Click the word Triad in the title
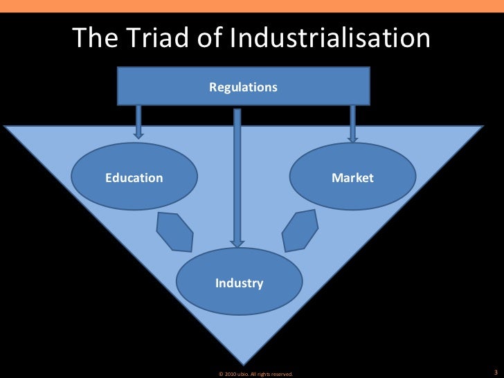click(147, 38)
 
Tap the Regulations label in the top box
click(243, 88)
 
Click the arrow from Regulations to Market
click(352, 123)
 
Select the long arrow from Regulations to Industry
click(237, 173)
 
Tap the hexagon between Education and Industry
click(175, 232)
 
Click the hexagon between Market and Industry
click(302, 228)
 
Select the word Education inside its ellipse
click(134, 178)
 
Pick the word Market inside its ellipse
click(352, 178)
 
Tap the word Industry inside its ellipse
click(239, 283)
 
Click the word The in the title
click(93, 38)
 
